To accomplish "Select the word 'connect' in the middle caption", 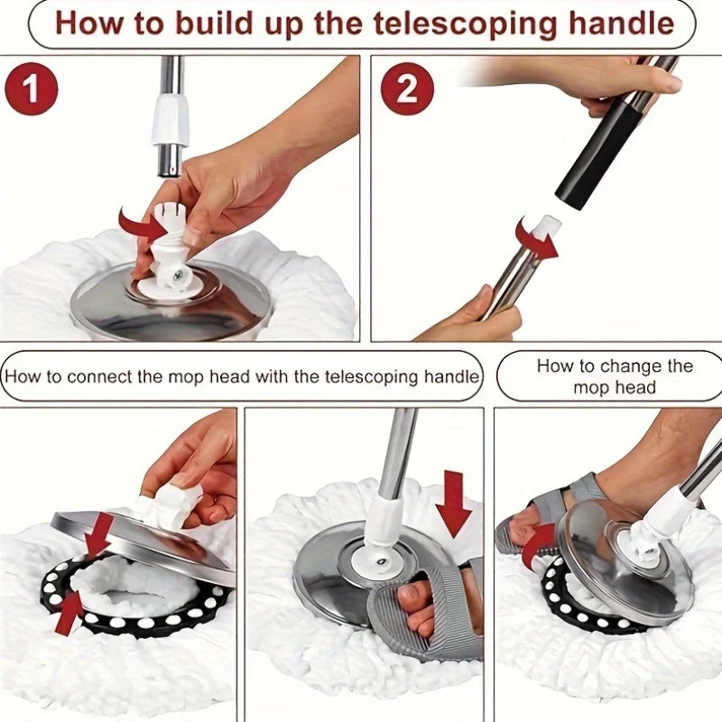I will pyautogui.click(x=107, y=375).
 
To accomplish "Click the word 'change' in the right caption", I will pyautogui.click(x=640, y=366).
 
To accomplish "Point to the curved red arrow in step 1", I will pyautogui.click(x=141, y=220).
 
